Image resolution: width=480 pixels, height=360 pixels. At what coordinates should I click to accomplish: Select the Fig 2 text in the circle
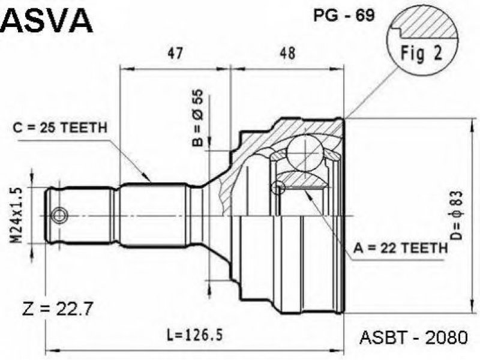(422, 53)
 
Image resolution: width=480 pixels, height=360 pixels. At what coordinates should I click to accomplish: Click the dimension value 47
(175, 53)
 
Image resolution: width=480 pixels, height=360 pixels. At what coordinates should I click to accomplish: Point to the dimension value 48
(288, 53)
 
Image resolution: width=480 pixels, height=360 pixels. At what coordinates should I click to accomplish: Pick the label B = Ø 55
(197, 117)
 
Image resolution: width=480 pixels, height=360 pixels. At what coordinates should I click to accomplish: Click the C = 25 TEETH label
(61, 128)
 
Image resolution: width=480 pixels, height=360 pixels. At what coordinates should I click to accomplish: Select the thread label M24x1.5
(18, 216)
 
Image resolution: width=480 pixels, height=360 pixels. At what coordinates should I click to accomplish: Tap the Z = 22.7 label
(57, 310)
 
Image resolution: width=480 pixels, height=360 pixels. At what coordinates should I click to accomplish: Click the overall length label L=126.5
(194, 335)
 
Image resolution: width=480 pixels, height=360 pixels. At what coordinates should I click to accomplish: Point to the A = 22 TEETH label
(400, 248)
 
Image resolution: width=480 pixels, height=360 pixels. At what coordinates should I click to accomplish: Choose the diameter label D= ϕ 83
(456, 215)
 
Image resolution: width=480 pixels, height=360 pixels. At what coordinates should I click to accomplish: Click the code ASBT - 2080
(414, 337)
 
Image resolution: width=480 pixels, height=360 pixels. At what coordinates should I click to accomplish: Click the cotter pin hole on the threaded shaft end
(58, 216)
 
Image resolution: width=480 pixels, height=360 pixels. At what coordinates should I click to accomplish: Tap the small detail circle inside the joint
(278, 187)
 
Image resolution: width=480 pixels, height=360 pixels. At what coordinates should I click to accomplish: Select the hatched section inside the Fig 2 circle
(426, 26)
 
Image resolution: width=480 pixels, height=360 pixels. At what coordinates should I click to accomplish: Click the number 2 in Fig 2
(438, 53)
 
